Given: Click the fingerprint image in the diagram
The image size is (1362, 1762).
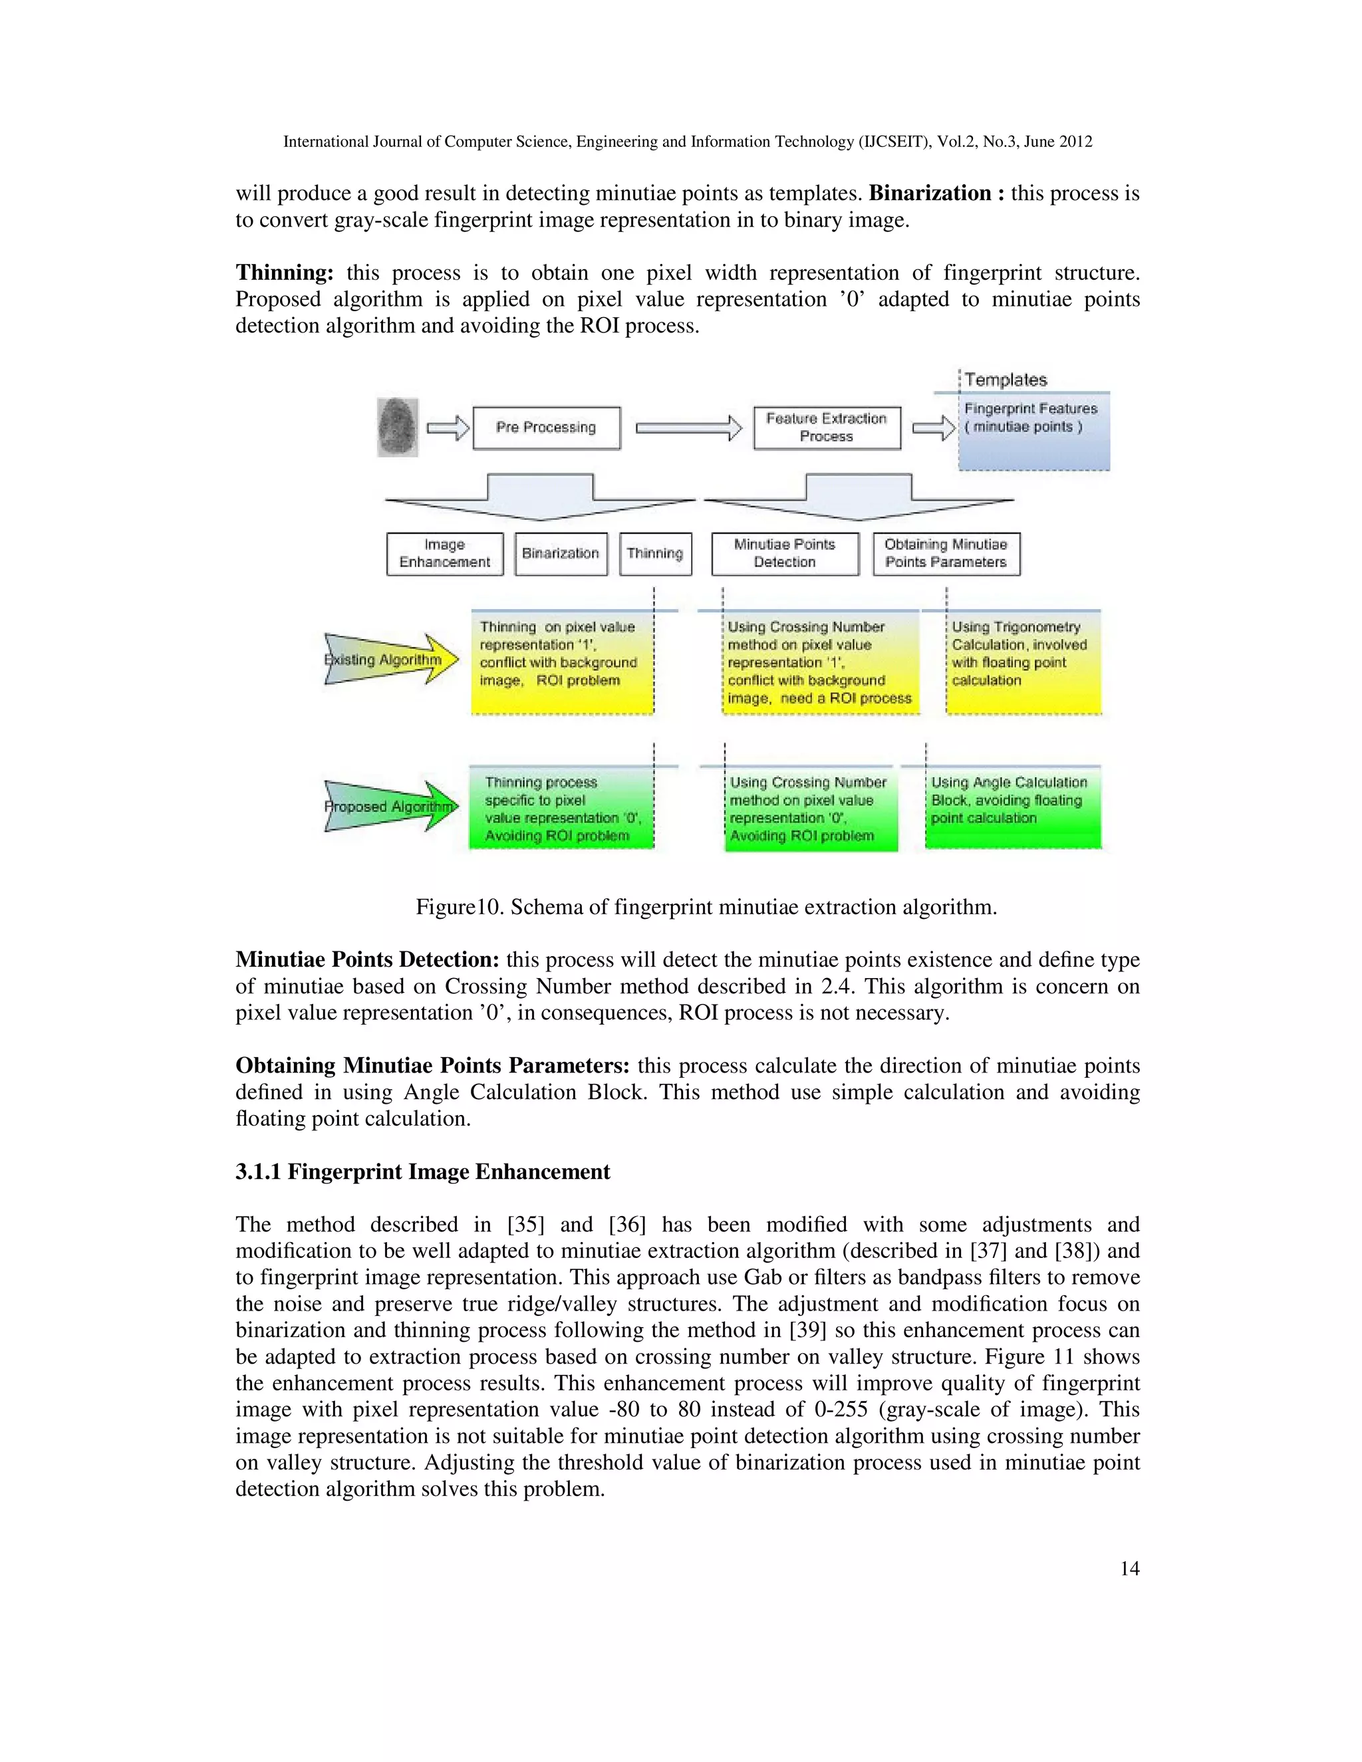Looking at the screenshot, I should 398,427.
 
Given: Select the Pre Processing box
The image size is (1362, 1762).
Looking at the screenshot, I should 546,428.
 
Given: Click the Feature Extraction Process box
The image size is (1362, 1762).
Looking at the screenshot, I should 826,428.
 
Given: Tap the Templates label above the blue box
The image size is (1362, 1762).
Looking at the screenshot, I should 1006,379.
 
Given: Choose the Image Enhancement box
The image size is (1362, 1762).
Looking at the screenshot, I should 445,553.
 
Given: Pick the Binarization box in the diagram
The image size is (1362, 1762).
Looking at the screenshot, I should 561,553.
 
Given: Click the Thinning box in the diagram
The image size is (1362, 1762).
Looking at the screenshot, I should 655,553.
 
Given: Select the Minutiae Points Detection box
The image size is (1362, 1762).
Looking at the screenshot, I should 784,553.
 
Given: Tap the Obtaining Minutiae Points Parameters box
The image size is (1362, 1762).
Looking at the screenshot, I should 946,553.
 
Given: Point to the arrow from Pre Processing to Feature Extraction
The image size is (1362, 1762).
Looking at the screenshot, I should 688,428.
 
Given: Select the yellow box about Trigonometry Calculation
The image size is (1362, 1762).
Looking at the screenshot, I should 1023,662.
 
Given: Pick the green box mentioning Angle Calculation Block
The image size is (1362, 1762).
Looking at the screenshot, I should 1013,807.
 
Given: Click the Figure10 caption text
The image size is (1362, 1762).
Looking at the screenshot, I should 706,907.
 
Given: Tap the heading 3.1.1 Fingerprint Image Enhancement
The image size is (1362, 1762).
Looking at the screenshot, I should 423,1172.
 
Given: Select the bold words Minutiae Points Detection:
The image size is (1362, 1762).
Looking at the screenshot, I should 368,959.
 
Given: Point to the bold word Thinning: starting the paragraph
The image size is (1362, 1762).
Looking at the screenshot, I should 284,273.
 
